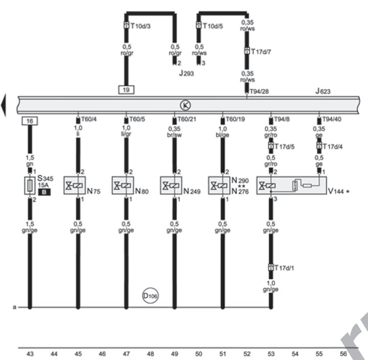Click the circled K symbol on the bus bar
pos(185,105)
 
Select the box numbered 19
pos(126,89)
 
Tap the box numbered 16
pos(29,121)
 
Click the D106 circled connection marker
pos(150,296)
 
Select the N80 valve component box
pos(123,185)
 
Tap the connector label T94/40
pos(332,118)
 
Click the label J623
pos(324,92)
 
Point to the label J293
pos(187,74)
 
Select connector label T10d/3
pos(140,25)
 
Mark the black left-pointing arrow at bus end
pos(4,105)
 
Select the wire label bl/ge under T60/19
pos(223,134)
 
